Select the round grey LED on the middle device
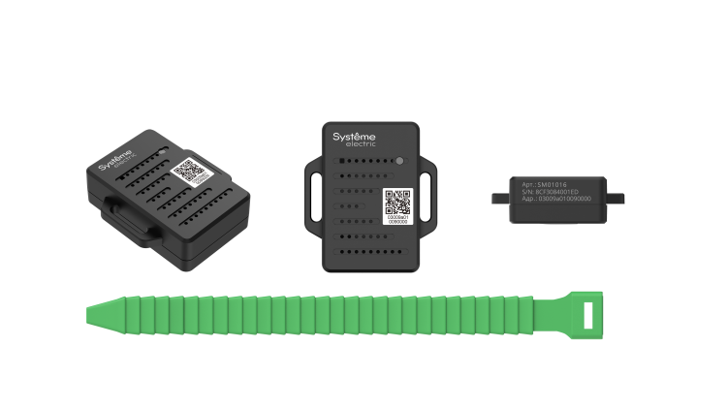pos(399,161)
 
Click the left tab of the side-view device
pos(498,198)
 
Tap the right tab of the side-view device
pos(616,198)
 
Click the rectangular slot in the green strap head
pos(590,311)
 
